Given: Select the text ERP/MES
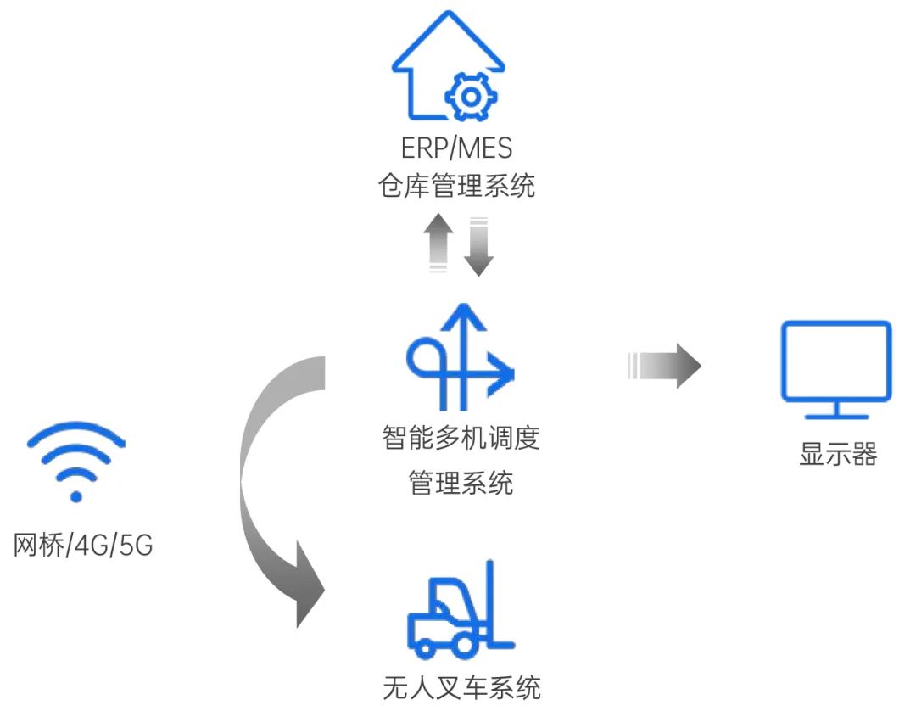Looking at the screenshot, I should [x=457, y=148].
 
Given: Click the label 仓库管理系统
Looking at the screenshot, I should [x=457, y=186].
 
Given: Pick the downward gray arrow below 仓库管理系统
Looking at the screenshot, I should [x=479, y=246].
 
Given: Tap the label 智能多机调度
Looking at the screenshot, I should [x=461, y=438].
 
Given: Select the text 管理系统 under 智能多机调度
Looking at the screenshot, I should [x=461, y=484].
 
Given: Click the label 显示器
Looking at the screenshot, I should [x=837, y=453].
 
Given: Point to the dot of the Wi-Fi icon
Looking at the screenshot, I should [x=76, y=495].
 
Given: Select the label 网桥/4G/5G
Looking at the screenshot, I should [x=83, y=545].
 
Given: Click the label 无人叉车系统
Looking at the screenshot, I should [x=461, y=686].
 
